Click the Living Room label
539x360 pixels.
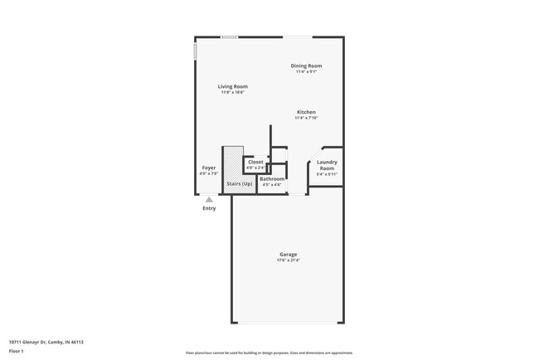(x=233, y=86)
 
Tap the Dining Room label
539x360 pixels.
(x=306, y=66)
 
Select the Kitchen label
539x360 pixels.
(x=306, y=112)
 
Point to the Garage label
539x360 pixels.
(x=288, y=255)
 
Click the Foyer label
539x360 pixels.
(x=209, y=168)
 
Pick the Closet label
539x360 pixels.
(x=255, y=162)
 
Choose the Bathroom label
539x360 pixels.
(x=272, y=178)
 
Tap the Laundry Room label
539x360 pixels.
(x=327, y=165)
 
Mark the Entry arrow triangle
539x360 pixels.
(x=209, y=199)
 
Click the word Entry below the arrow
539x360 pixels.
(x=209, y=208)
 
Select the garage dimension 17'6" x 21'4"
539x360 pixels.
(x=288, y=260)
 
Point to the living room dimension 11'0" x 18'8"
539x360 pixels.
(x=233, y=92)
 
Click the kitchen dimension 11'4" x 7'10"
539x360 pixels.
(x=306, y=118)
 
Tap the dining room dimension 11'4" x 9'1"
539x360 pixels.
(x=306, y=71)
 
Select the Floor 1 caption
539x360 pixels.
(x=17, y=352)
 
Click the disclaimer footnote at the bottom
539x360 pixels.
(x=269, y=353)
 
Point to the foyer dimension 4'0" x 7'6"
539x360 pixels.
(x=209, y=173)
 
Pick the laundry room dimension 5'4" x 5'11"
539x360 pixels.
(x=327, y=174)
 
